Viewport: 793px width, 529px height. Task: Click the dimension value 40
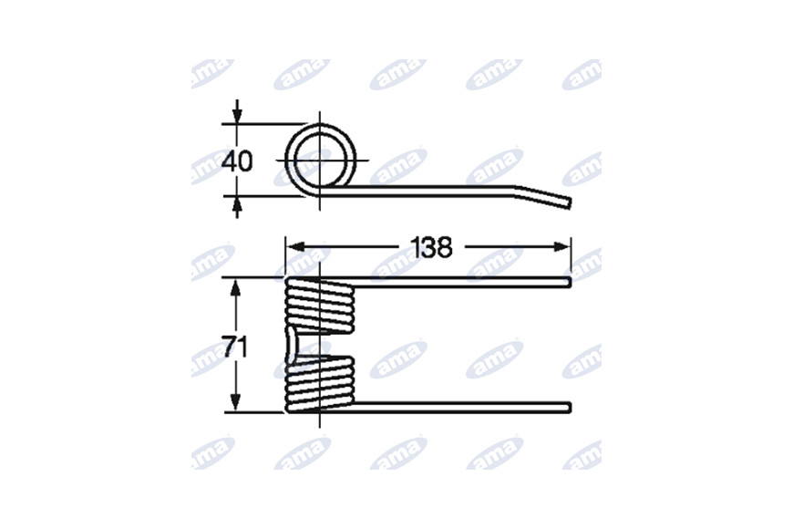(237, 161)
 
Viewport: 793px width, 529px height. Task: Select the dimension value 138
(431, 247)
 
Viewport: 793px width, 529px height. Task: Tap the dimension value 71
(235, 347)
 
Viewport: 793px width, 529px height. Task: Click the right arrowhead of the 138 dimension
(561, 247)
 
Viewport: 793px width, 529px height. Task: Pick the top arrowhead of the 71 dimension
(234, 287)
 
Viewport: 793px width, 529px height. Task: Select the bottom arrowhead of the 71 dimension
(234, 402)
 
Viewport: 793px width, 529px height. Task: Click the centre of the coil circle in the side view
(320, 160)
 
